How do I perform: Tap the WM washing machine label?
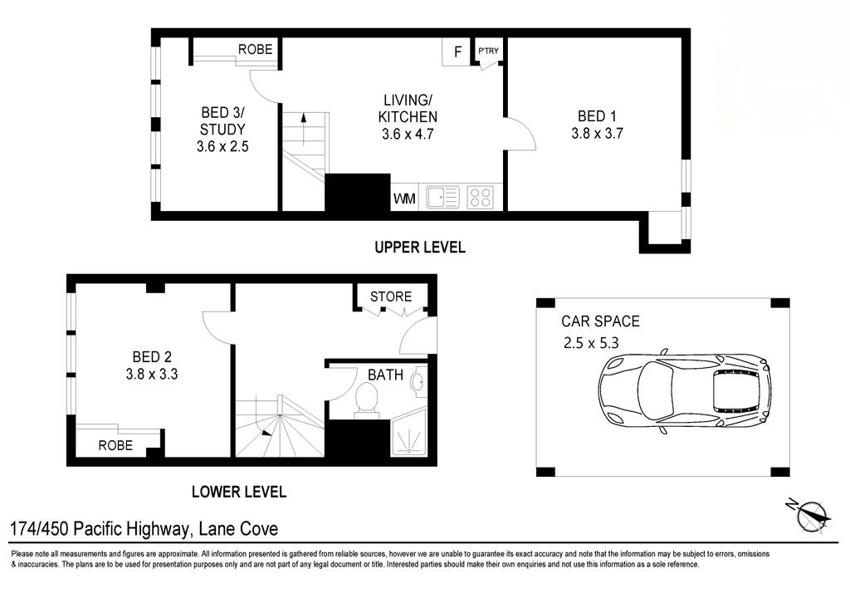[x=404, y=199]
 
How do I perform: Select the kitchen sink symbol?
[x=442, y=197]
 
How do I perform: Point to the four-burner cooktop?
[x=481, y=197]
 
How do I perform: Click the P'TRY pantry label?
[x=488, y=51]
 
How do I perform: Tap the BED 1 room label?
[x=597, y=116]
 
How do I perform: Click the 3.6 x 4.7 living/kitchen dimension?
[x=408, y=134]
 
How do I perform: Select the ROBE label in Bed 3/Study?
[x=256, y=49]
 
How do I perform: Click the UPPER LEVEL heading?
[x=420, y=248]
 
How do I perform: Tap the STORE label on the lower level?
[x=391, y=297]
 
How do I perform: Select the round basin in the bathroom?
[x=418, y=381]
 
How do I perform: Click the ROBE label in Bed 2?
[x=115, y=445]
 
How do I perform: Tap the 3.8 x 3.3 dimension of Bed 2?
[x=152, y=374]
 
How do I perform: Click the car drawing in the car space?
[x=685, y=390]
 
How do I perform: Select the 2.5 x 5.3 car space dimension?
[x=591, y=343]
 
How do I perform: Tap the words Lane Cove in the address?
[x=238, y=528]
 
